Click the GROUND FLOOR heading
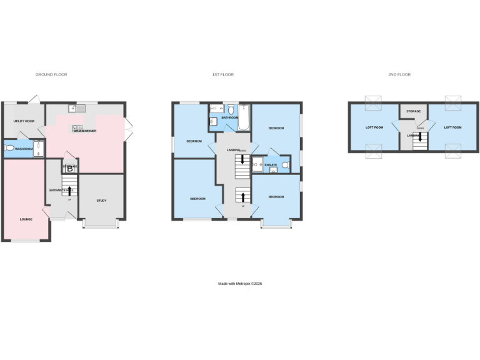51,74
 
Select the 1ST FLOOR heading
222,74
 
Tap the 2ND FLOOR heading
399,74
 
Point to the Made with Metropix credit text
240,284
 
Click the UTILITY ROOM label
24,121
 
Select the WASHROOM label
24,149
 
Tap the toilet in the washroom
9,149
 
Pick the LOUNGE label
26,219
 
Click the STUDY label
101,201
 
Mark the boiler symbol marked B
70,168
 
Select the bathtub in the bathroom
244,117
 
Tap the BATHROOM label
229,117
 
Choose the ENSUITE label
271,165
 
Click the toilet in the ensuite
286,165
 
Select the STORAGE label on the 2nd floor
413,111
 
